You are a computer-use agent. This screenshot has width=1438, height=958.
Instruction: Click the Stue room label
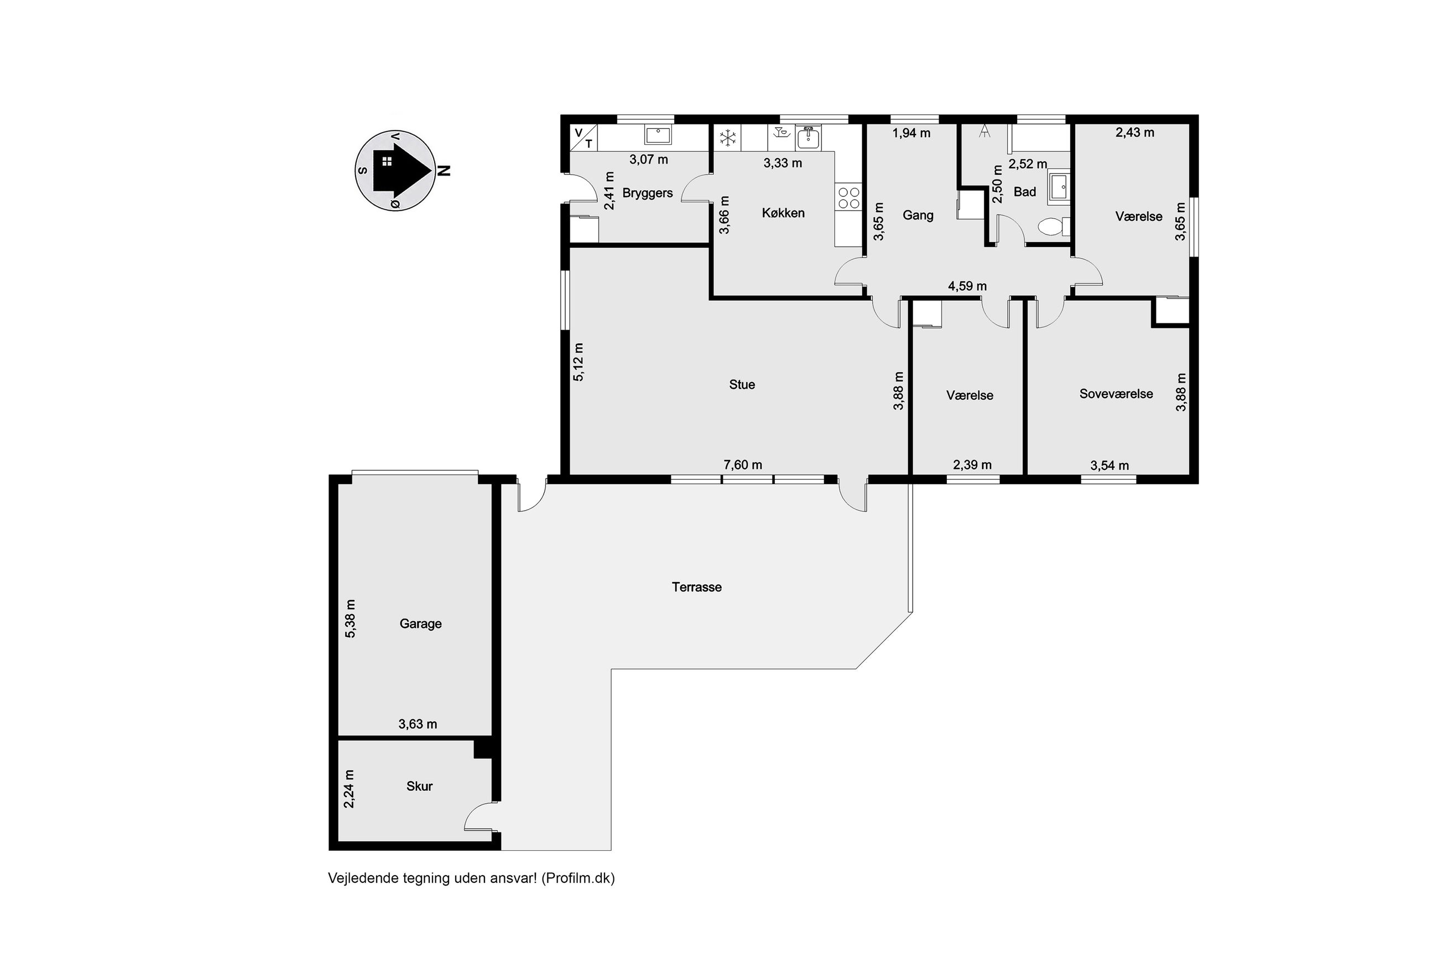click(742, 384)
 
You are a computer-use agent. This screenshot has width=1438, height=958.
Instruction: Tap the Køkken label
click(783, 213)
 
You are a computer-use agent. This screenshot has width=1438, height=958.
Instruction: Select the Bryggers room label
click(647, 193)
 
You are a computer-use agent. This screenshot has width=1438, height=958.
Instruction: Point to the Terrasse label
click(697, 587)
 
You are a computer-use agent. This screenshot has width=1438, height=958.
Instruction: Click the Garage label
click(420, 624)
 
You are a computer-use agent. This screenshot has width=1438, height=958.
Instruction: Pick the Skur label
click(419, 786)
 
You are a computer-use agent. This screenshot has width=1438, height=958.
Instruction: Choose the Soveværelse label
click(1116, 394)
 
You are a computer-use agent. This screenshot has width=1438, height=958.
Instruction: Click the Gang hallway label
click(918, 215)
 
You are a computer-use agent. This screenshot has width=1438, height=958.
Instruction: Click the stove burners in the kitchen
click(848, 198)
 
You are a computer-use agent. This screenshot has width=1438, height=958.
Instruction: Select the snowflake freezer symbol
click(728, 138)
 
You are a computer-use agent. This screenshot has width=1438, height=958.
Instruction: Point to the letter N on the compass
click(444, 170)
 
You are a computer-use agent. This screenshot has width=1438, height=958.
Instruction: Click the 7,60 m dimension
click(743, 465)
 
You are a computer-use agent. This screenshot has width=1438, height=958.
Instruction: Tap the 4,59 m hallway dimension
click(967, 286)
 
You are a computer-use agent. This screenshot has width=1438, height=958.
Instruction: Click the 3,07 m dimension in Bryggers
click(648, 159)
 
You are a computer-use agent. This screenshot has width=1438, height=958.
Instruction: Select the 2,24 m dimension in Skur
click(349, 789)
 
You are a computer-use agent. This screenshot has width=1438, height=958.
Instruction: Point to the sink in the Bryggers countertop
click(658, 134)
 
